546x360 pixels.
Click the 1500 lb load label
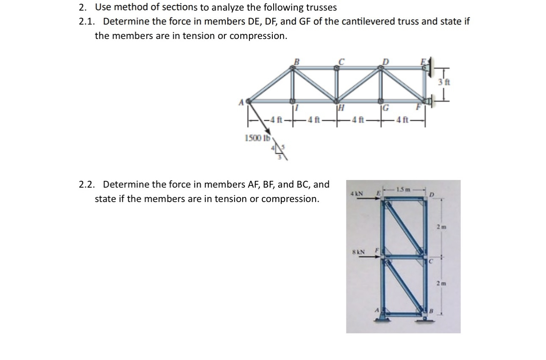click(254, 138)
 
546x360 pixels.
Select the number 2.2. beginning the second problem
click(88, 185)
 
